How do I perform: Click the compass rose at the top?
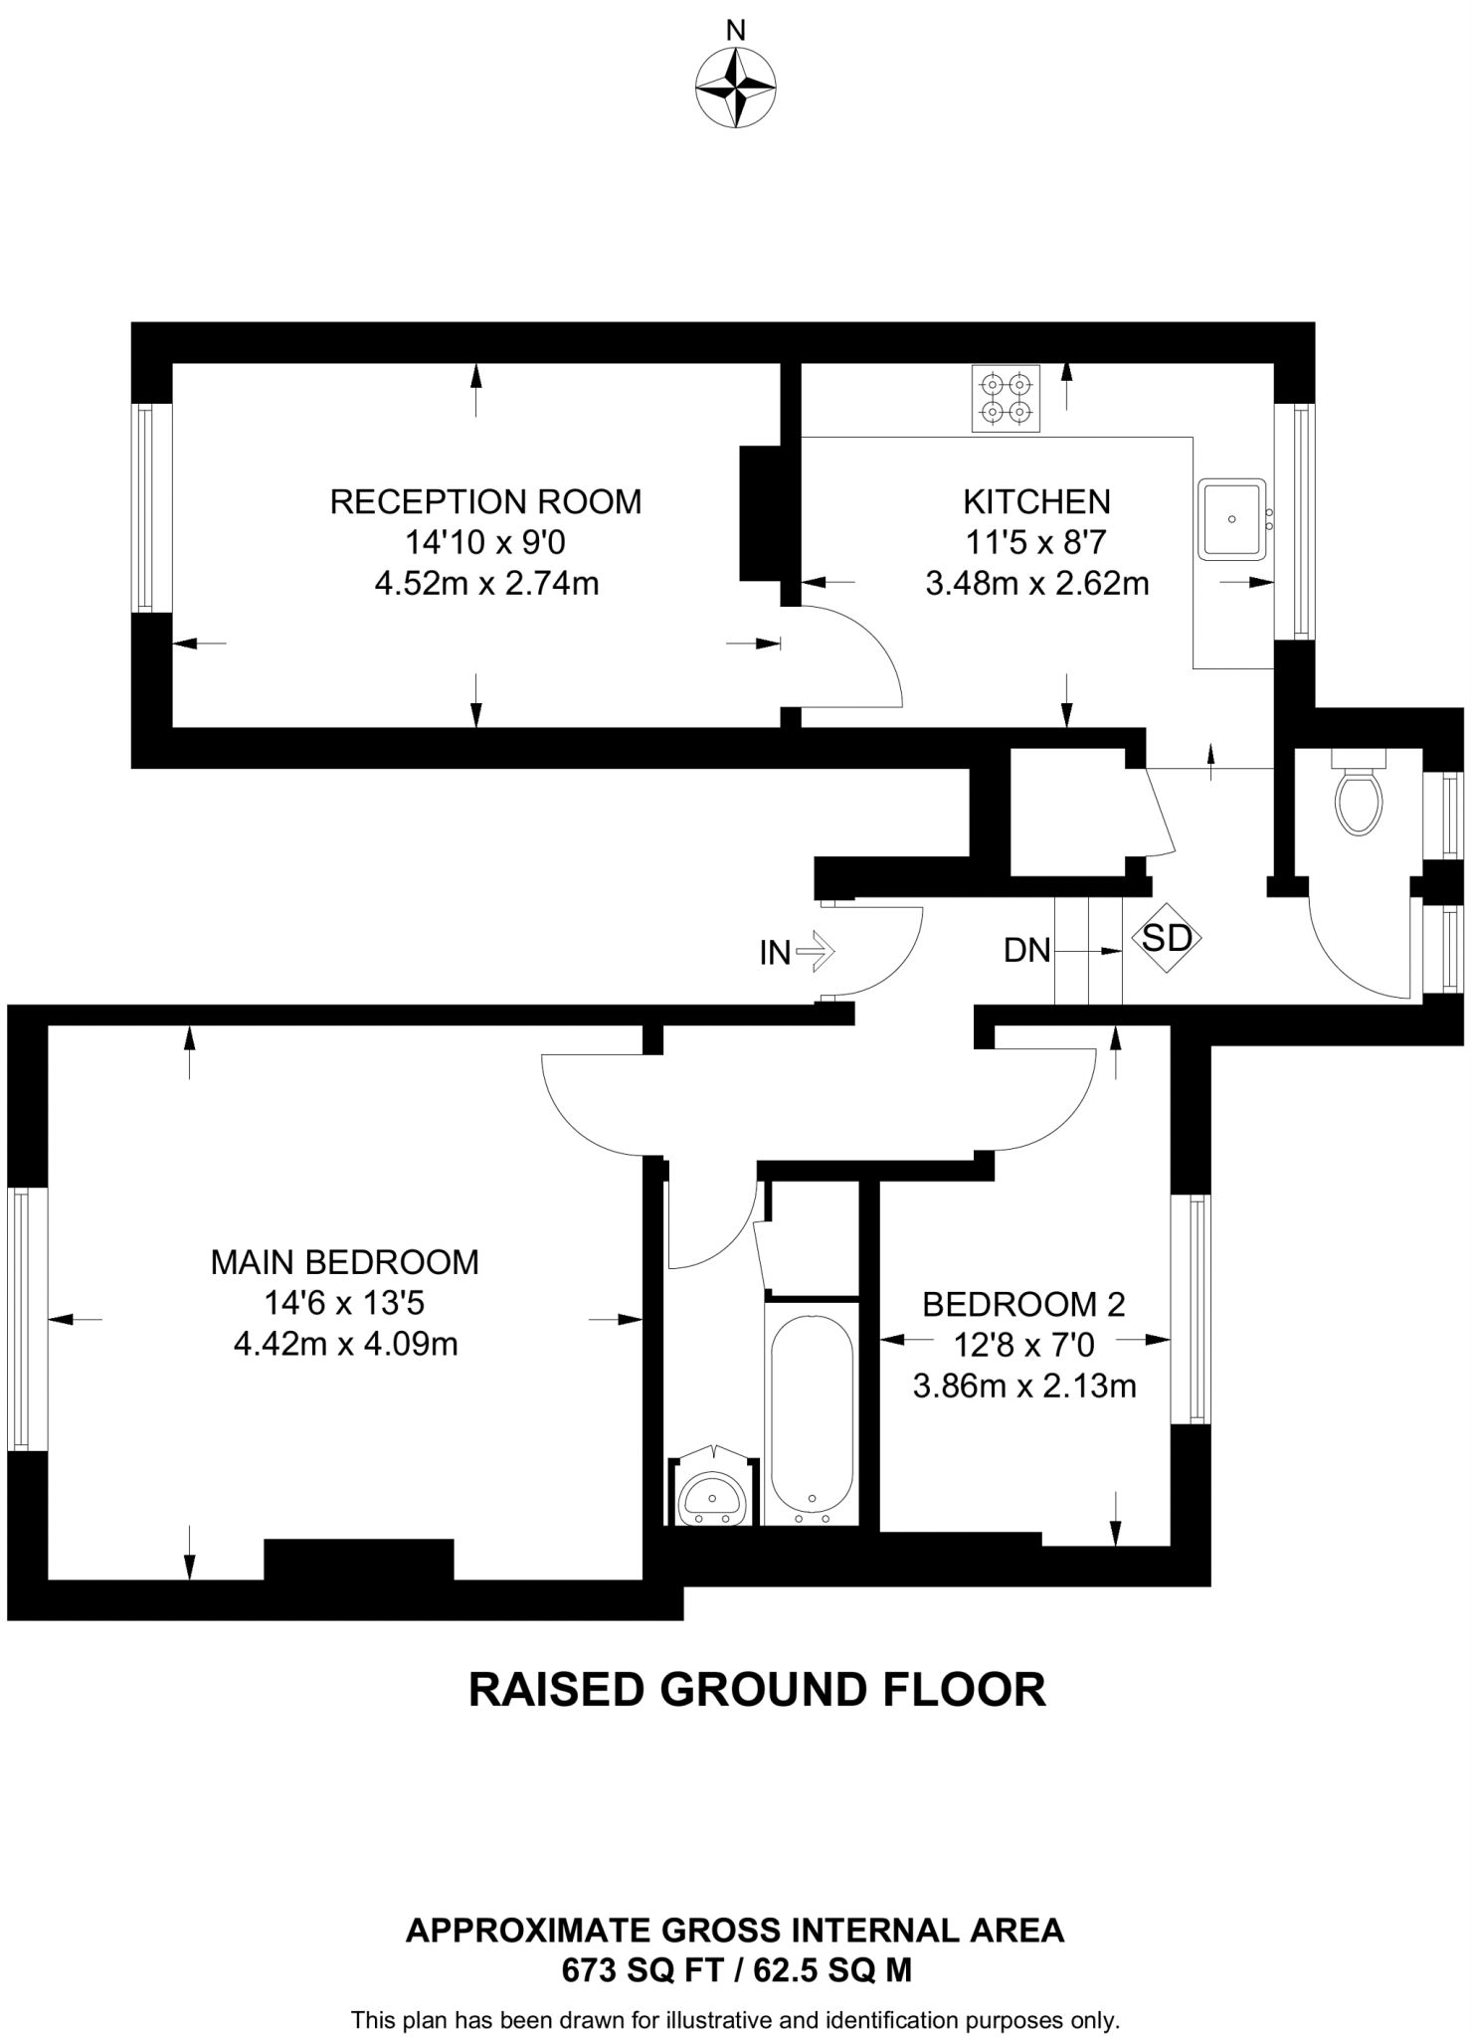[x=736, y=89]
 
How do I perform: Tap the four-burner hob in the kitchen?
[x=1006, y=398]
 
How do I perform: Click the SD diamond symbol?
[x=1167, y=937]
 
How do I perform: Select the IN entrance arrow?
[x=816, y=952]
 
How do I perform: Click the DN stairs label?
[x=1027, y=951]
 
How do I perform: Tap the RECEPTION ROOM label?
[x=485, y=501]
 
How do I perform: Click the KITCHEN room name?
[x=1036, y=501]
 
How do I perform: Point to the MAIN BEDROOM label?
[x=344, y=1262]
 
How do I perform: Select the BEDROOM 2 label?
[x=1023, y=1304]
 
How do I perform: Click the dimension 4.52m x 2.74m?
[x=486, y=583]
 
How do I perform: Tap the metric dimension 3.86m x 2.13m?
[x=1024, y=1386]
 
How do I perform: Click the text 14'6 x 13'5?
[x=344, y=1303]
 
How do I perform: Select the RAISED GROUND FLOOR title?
[x=757, y=1690]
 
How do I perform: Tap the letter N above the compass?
[x=736, y=31]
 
